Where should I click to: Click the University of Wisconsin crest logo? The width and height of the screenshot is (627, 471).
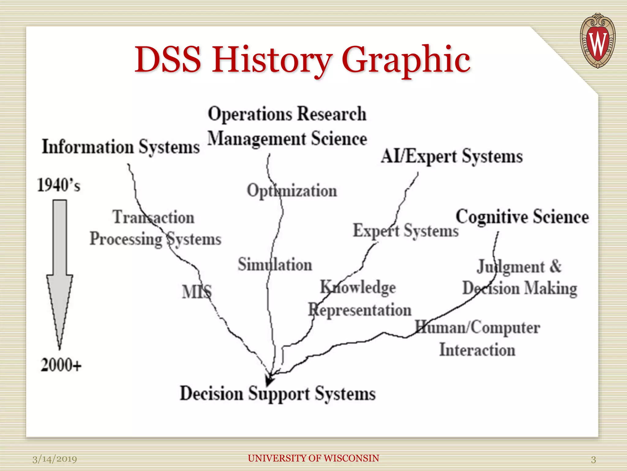[x=597, y=40]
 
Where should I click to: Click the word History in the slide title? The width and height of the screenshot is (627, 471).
[x=272, y=60]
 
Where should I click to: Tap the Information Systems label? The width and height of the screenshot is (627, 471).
[x=121, y=147]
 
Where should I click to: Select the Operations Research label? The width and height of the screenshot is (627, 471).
[x=287, y=114]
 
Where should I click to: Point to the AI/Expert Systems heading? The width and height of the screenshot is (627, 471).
[x=452, y=157]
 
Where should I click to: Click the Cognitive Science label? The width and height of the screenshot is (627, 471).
[x=522, y=217]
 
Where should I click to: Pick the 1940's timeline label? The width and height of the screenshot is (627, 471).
[x=58, y=185]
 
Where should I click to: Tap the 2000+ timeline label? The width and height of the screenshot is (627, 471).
[x=61, y=365]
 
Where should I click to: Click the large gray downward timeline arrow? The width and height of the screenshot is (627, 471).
[x=60, y=270]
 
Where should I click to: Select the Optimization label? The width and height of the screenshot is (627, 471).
[x=292, y=191]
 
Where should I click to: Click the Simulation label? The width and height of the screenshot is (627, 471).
[x=275, y=265]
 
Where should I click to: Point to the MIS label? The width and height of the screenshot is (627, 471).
[x=197, y=292]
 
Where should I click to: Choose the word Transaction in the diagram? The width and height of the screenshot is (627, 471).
[x=153, y=217]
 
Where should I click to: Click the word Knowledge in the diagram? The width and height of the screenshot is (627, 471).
[x=358, y=288]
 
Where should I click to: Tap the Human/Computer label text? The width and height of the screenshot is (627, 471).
[x=477, y=328]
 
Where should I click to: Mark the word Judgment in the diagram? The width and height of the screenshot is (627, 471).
[x=511, y=267]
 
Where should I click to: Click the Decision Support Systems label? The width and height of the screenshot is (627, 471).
[x=277, y=393]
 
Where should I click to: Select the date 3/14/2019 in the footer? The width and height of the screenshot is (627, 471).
[x=54, y=459]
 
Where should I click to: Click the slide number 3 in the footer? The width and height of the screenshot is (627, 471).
[x=593, y=459]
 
